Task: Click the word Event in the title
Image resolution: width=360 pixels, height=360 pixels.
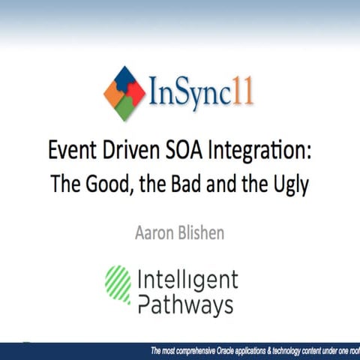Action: (71, 148)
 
